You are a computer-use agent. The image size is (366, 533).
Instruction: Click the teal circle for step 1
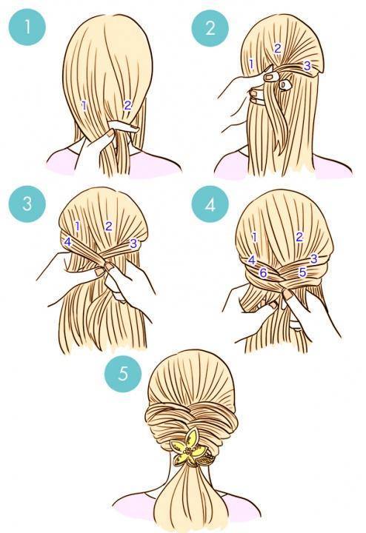pyautogui.click(x=27, y=27)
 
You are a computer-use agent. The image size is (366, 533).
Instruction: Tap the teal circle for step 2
pyautogui.click(x=210, y=28)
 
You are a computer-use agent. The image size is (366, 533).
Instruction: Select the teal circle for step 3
pyautogui.click(x=27, y=204)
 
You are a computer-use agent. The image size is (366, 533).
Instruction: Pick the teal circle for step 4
pyautogui.click(x=210, y=204)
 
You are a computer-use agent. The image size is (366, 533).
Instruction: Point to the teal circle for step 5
pyautogui.click(x=123, y=373)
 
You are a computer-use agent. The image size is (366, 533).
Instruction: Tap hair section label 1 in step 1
pyautogui.click(x=84, y=106)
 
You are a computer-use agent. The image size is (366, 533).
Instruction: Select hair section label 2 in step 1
pyautogui.click(x=127, y=106)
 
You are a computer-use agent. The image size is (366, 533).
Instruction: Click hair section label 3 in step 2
pyautogui.click(x=307, y=66)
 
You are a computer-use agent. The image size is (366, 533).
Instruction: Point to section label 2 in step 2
pyautogui.click(x=278, y=49)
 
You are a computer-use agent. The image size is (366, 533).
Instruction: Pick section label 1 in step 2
pyautogui.click(x=251, y=64)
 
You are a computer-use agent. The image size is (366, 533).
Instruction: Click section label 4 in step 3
pyautogui.click(x=67, y=242)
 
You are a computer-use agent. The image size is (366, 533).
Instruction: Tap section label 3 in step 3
pyautogui.click(x=133, y=243)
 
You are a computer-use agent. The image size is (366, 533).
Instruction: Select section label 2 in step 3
pyautogui.click(x=108, y=226)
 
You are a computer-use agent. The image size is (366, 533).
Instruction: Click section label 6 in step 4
pyautogui.click(x=263, y=272)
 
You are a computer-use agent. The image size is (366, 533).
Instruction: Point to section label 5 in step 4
pyautogui.click(x=303, y=272)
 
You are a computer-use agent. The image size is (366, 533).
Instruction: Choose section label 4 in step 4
pyautogui.click(x=251, y=260)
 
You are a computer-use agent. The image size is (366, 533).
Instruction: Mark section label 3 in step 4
pyautogui.click(x=313, y=258)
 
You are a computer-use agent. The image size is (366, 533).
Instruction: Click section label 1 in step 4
pyautogui.click(x=254, y=237)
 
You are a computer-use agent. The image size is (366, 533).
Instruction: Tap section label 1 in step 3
pyautogui.click(x=77, y=226)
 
